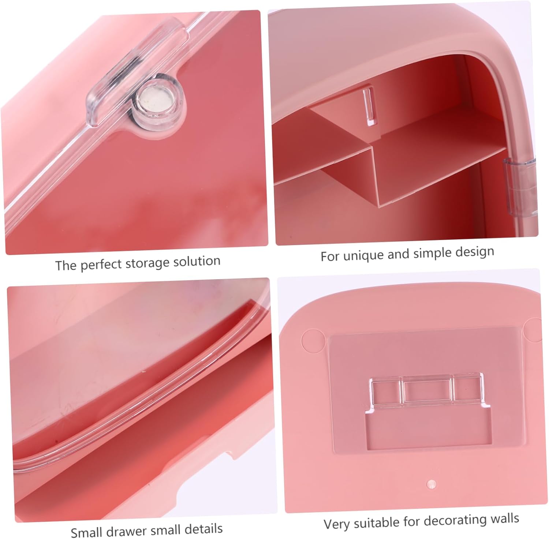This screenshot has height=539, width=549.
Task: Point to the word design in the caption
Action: click(x=475, y=252)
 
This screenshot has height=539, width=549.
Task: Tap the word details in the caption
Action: click(x=204, y=529)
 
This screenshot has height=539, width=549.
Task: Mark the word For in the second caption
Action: click(x=330, y=256)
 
